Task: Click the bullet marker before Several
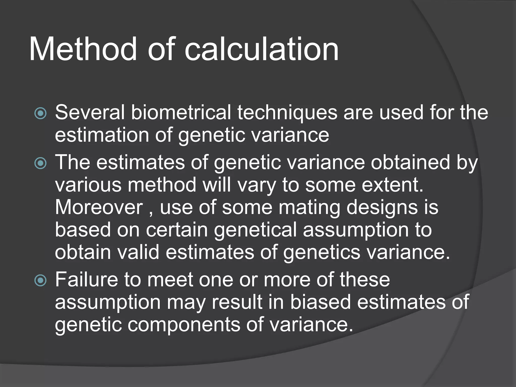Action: point(40,113)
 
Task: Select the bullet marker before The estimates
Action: point(40,163)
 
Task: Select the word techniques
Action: point(287,113)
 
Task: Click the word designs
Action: point(382,208)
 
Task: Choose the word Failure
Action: point(86,279)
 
